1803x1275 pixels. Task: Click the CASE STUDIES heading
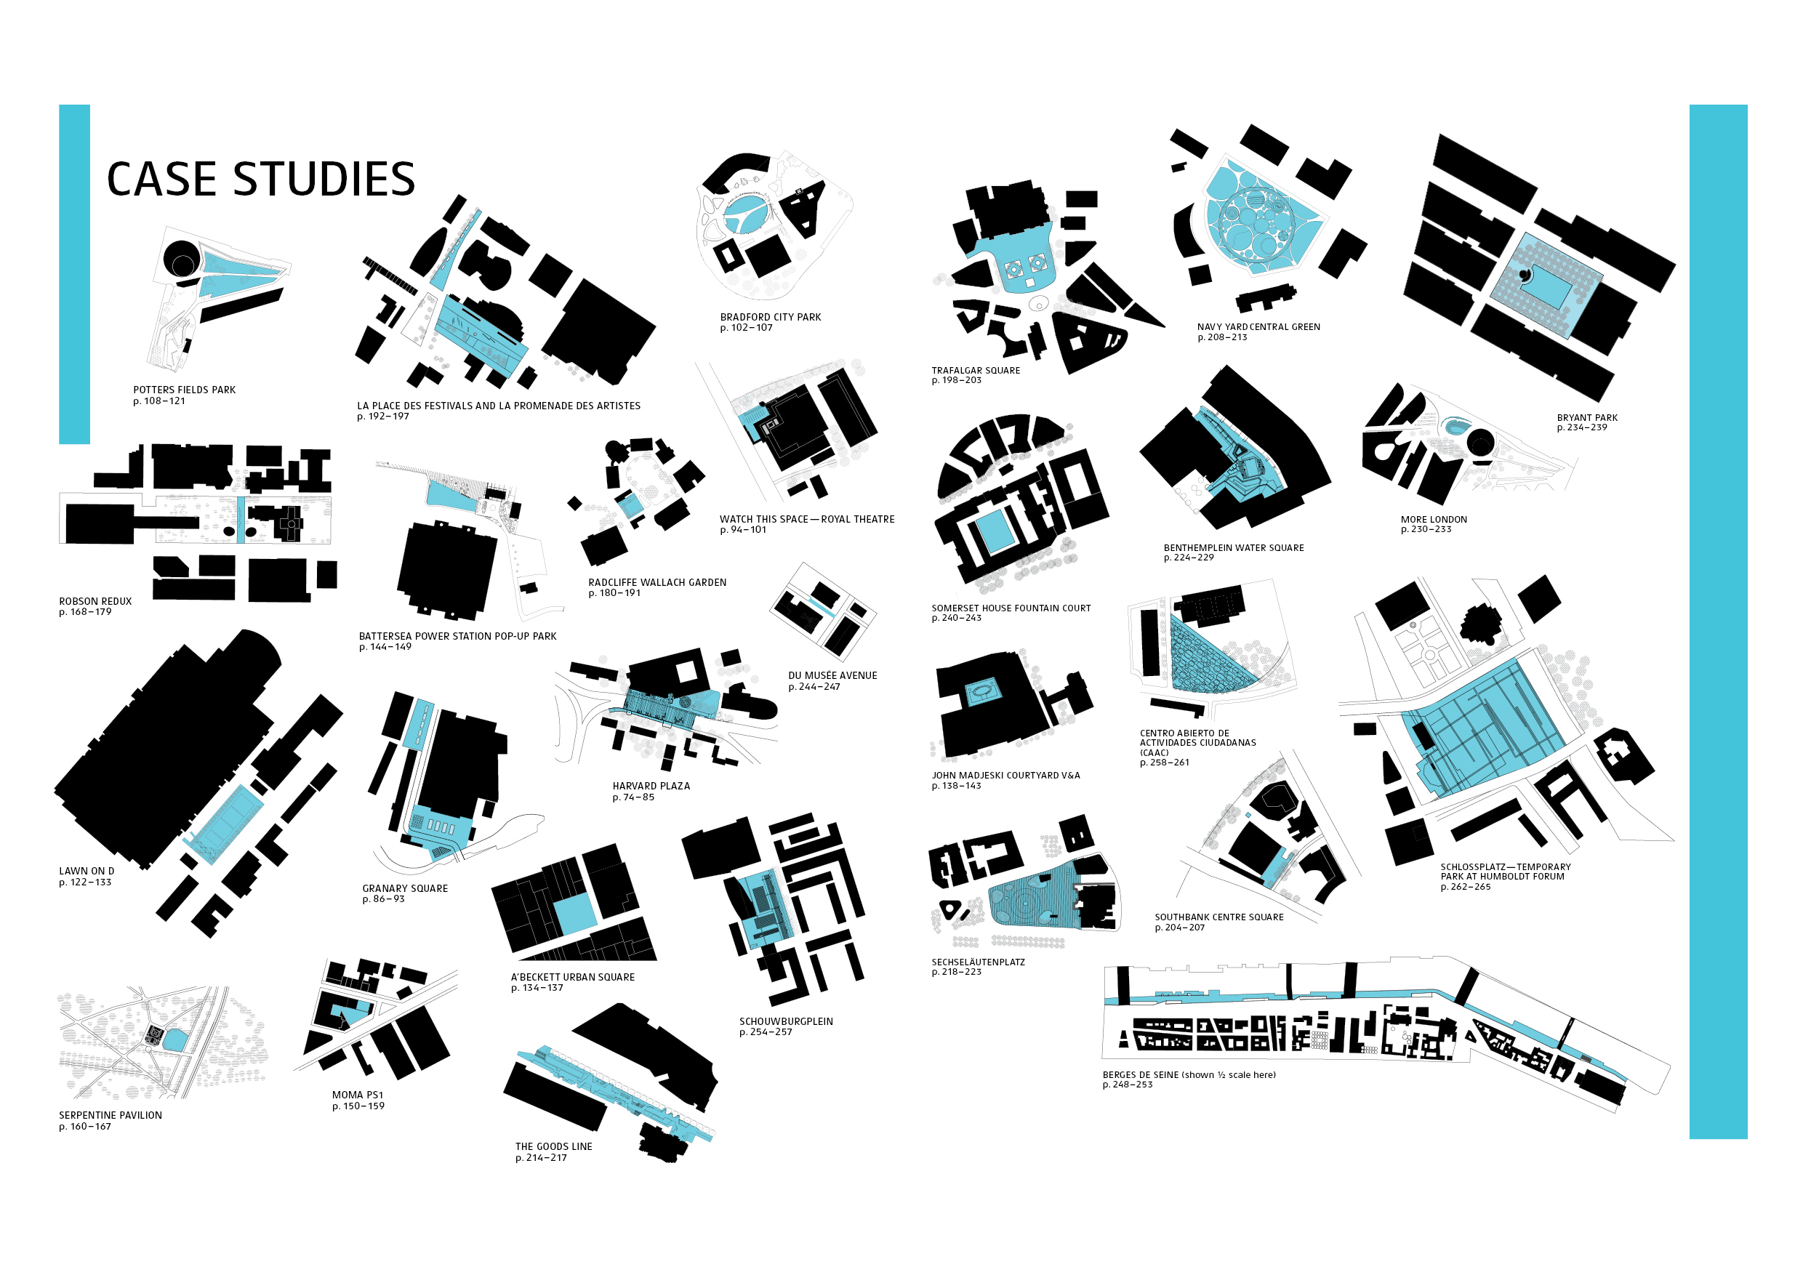(x=261, y=179)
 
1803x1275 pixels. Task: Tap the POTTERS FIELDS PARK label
(x=184, y=390)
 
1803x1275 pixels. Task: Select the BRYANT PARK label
(x=1587, y=418)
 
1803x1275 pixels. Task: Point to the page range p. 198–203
(x=957, y=381)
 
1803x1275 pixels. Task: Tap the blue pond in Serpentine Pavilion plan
(x=174, y=1040)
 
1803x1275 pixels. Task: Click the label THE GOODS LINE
(x=553, y=1146)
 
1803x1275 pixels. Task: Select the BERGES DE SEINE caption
(x=1188, y=1075)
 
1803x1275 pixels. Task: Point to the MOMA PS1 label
(x=357, y=1095)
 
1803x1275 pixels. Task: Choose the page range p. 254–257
(x=766, y=1032)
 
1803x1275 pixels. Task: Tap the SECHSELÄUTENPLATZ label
(x=978, y=962)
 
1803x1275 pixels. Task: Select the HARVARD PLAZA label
(x=651, y=786)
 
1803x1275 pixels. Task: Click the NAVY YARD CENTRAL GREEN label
(x=1258, y=326)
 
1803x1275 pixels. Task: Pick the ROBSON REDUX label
(x=95, y=601)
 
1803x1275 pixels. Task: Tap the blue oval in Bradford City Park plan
(x=747, y=214)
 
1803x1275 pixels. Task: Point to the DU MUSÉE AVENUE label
(x=832, y=676)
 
